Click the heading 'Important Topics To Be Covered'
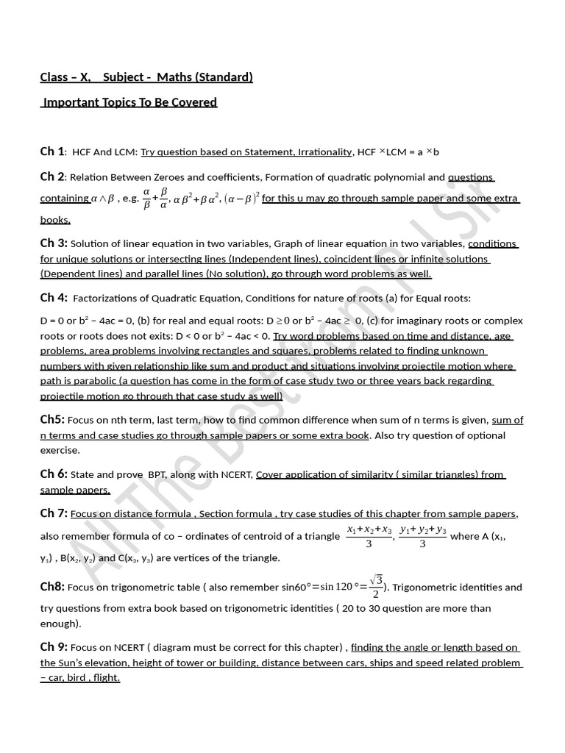point(129,102)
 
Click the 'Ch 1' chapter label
point(52,151)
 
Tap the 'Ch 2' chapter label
point(52,176)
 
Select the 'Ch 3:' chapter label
point(54,243)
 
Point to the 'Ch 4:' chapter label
point(54,298)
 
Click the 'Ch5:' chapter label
point(52,420)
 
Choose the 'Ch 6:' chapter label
point(54,474)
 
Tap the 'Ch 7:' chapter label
point(54,513)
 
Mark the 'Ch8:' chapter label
point(52,587)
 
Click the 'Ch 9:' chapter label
point(54,647)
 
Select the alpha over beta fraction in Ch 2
point(146,199)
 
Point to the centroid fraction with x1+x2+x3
point(368,537)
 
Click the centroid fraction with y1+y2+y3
point(422,537)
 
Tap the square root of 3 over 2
point(375,587)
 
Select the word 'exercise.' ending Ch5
point(60,450)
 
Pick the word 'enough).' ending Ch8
point(60,623)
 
